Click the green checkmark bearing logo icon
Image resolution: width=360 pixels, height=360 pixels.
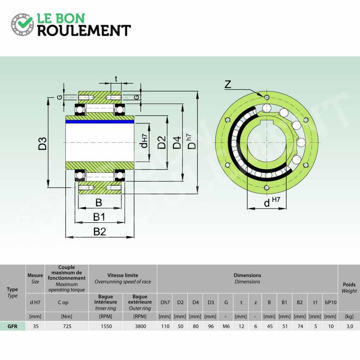(x=22, y=24)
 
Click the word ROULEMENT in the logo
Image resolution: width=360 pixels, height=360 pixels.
(x=84, y=31)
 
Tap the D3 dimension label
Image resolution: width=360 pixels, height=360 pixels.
(x=43, y=144)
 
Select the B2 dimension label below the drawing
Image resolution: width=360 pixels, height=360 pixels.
(x=99, y=232)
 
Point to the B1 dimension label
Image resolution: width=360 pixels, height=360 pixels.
(x=99, y=217)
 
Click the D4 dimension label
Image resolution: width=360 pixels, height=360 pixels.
(x=177, y=142)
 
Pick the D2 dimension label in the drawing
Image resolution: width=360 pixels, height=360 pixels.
(x=162, y=142)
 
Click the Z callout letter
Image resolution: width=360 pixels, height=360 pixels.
(x=228, y=84)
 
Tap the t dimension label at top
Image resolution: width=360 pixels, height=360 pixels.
(x=116, y=79)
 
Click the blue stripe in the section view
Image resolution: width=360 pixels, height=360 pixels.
(x=99, y=121)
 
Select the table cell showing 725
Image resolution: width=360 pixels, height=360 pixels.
(x=67, y=326)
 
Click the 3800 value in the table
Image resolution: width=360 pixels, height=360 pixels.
(x=140, y=326)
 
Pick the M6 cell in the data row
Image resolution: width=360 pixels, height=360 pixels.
(x=226, y=326)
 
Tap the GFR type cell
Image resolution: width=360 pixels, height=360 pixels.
(x=13, y=326)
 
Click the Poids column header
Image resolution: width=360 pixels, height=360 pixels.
(x=349, y=284)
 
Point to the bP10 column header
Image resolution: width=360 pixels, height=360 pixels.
(x=331, y=302)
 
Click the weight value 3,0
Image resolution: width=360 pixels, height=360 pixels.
(x=350, y=326)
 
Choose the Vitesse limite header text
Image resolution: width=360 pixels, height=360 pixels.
(x=123, y=275)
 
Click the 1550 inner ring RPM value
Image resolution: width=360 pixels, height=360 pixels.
(x=106, y=326)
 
